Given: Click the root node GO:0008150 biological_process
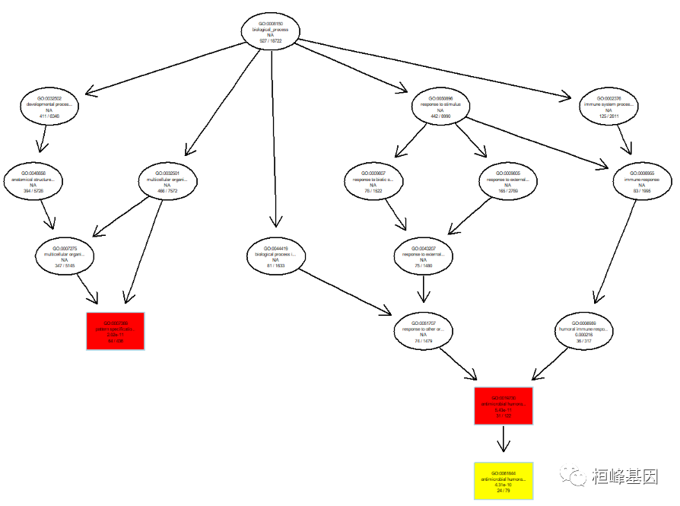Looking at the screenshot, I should tap(270, 30).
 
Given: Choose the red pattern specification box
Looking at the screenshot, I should tap(116, 331).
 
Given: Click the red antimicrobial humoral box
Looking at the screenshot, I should tap(504, 406).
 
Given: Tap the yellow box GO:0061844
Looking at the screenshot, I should tap(504, 481).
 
